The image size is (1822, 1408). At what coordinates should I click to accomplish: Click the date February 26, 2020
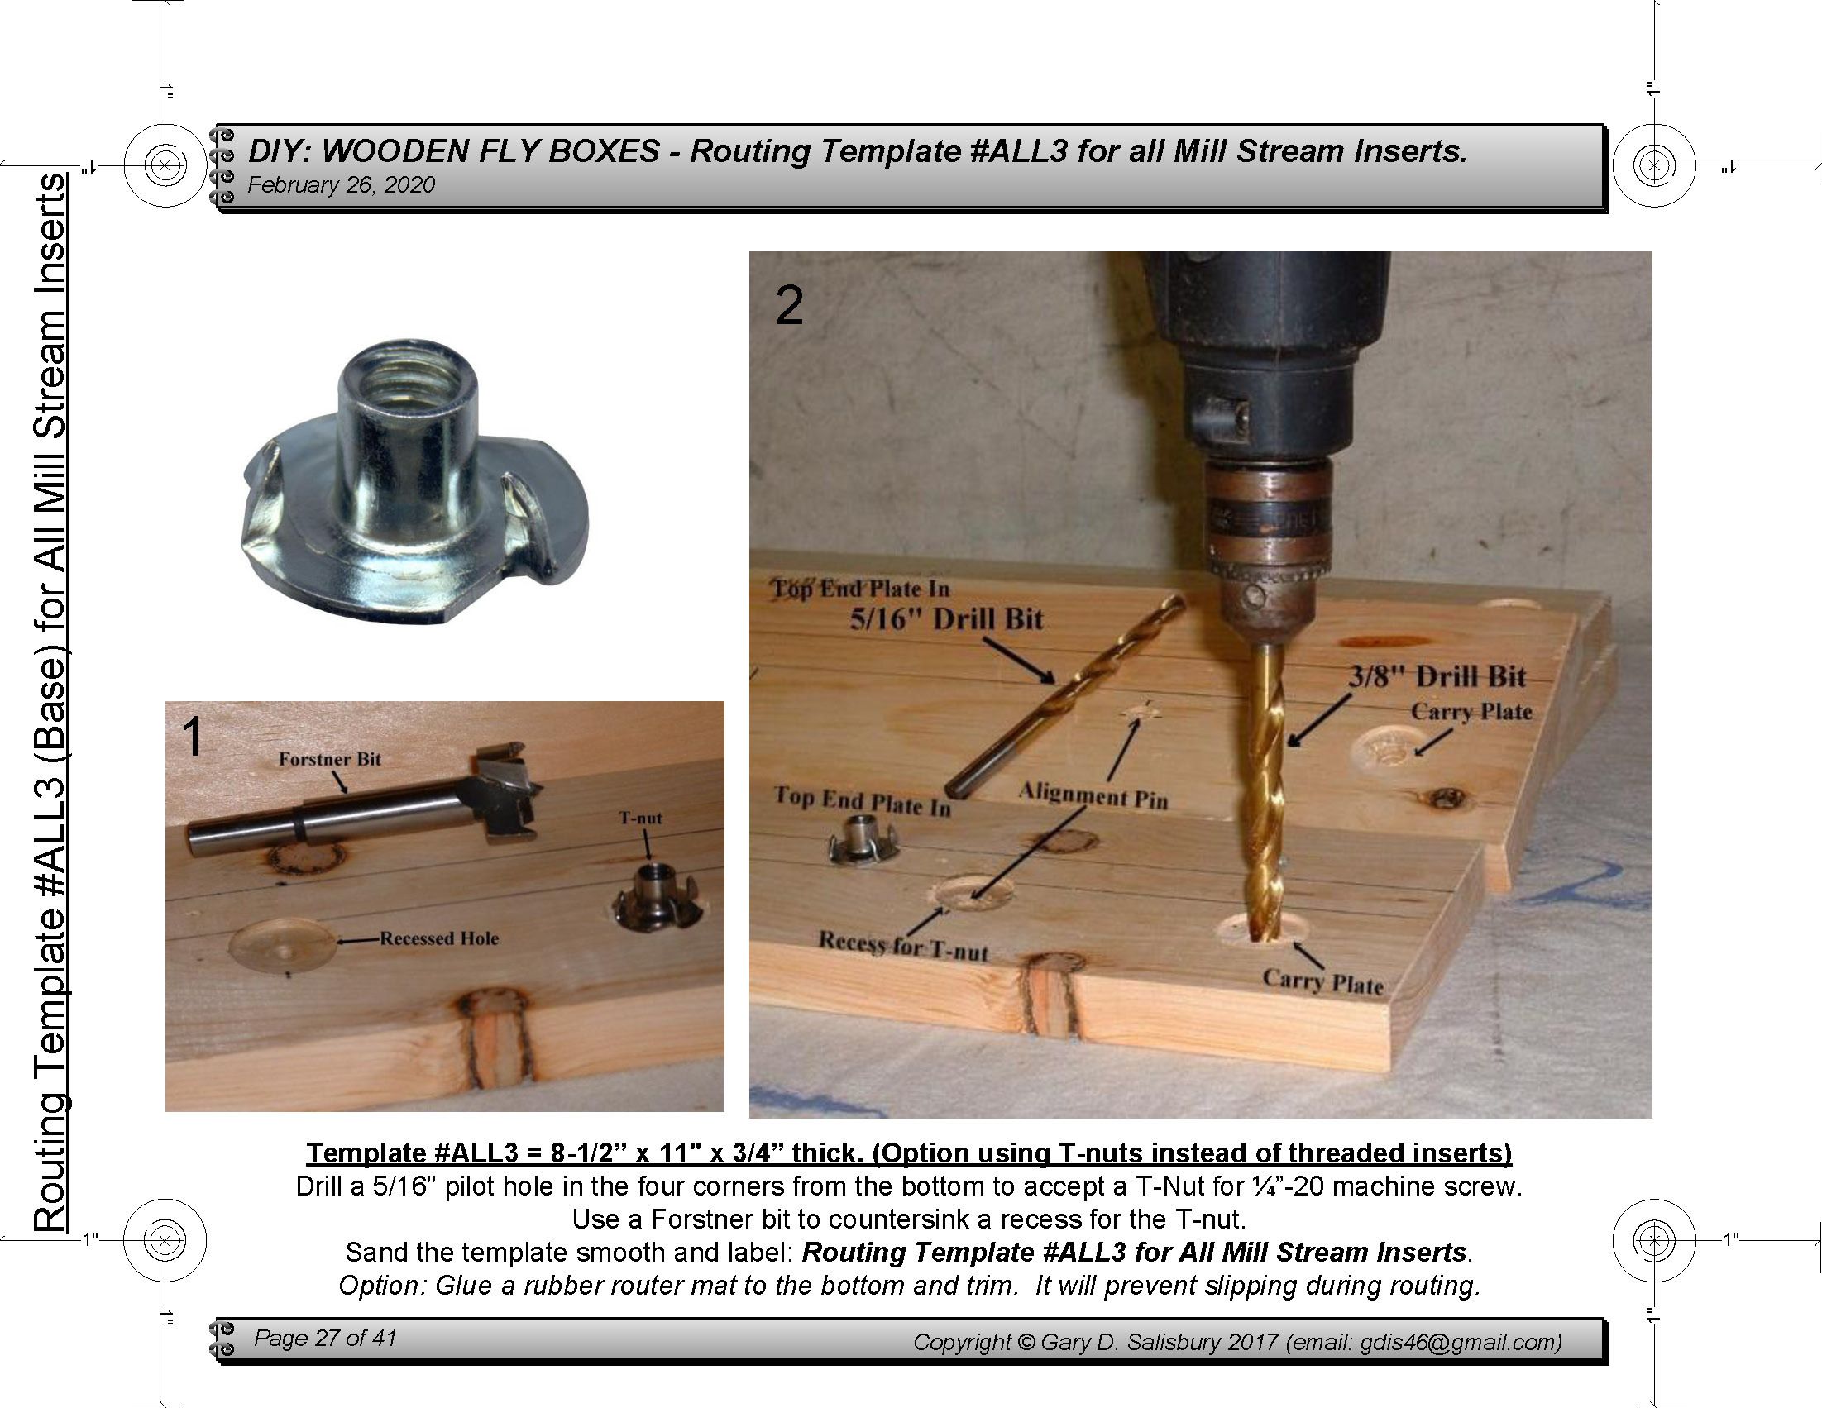(342, 185)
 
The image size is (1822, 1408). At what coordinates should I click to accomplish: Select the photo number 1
(192, 738)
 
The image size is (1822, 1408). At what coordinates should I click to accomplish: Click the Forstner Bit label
(329, 759)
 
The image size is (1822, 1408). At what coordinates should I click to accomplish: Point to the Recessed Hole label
(440, 938)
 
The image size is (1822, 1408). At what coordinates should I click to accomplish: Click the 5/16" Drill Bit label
(947, 619)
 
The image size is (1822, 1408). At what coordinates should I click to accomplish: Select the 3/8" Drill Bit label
(1437, 675)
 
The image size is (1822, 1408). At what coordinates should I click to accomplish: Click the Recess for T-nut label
(903, 946)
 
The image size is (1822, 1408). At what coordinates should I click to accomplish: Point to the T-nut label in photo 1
(641, 819)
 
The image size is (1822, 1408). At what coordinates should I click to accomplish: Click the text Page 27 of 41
(325, 1338)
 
